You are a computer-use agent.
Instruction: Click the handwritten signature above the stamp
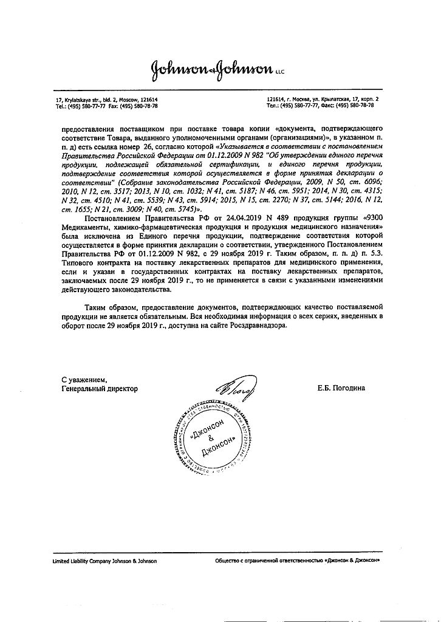pyautogui.click(x=234, y=384)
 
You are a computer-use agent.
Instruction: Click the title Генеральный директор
pyautogui.click(x=100, y=388)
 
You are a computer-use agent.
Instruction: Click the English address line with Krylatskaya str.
pyautogui.click(x=106, y=99)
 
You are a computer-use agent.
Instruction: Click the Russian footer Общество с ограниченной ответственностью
pyautogui.click(x=270, y=561)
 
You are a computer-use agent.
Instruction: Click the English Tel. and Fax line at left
pyautogui.click(x=106, y=105)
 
